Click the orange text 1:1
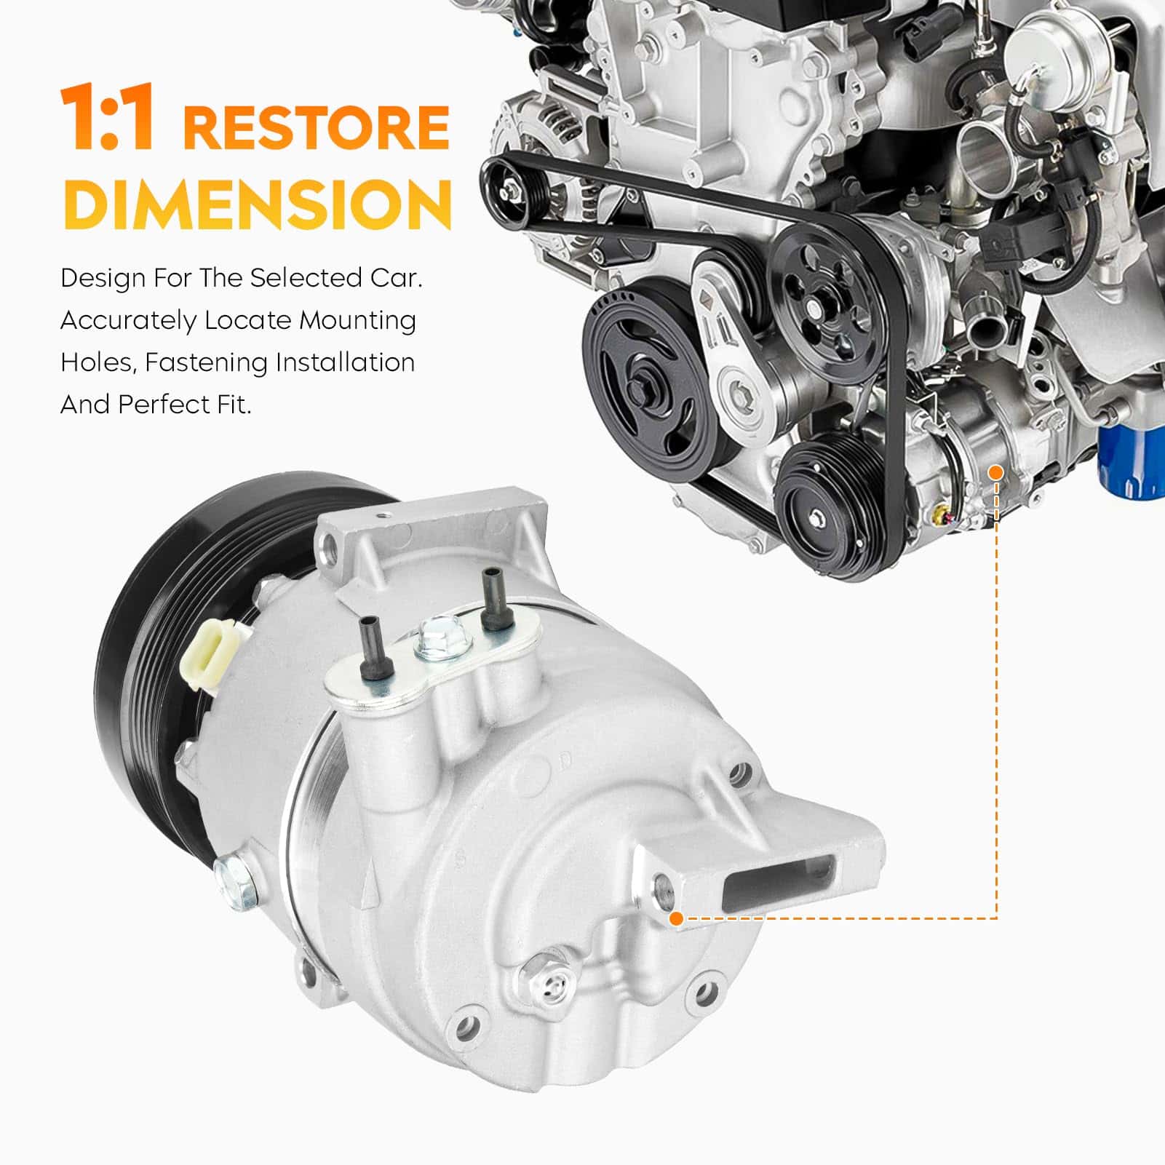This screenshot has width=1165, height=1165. pyautogui.click(x=107, y=118)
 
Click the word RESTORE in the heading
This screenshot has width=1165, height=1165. pyautogui.click(x=316, y=127)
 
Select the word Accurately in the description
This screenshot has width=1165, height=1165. pyautogui.click(x=128, y=321)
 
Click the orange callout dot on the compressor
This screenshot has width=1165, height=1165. pyautogui.click(x=676, y=918)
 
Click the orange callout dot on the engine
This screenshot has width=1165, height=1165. pyautogui.click(x=996, y=473)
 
